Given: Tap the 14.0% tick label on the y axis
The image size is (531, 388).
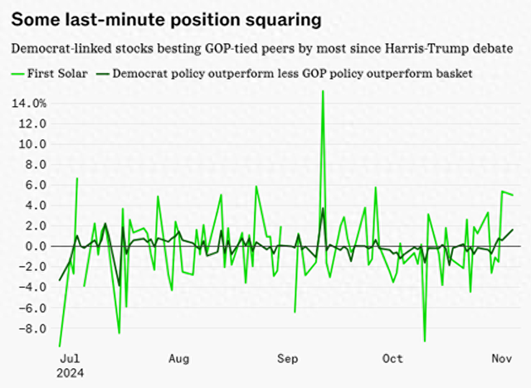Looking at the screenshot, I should click(x=27, y=103).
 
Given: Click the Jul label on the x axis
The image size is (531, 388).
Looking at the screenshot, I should click(x=71, y=358).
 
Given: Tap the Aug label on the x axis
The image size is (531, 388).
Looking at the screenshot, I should click(x=179, y=358).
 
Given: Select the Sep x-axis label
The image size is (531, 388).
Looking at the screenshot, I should click(x=287, y=358).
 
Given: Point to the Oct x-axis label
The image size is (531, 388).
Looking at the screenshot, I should click(x=392, y=358).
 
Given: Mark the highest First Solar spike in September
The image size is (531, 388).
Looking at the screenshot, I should click(x=323, y=91).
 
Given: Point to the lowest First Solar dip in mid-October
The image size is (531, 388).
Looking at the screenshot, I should click(x=425, y=341).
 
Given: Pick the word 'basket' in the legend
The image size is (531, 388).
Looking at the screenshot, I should click(x=453, y=73).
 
